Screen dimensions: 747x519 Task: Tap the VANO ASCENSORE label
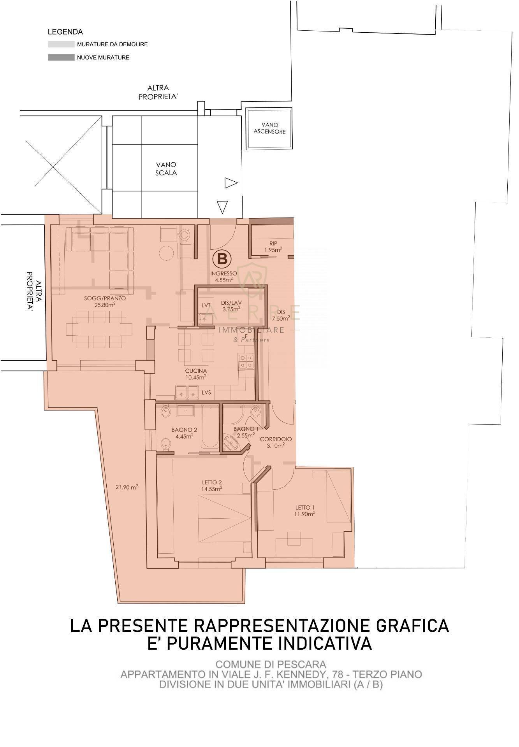tap(269, 128)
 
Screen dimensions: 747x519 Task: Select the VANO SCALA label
tap(166, 169)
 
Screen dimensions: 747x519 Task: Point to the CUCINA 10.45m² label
tap(196, 374)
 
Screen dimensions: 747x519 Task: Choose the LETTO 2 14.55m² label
tap(212, 486)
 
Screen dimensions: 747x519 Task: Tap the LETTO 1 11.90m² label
tap(305, 510)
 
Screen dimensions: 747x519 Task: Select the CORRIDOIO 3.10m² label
tap(276, 442)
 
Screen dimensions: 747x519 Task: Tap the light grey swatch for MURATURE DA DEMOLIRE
tap(61, 44)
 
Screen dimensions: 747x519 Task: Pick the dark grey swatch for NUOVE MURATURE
tap(61, 58)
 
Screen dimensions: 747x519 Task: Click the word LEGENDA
tap(65, 32)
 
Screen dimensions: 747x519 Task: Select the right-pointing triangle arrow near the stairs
tap(230, 183)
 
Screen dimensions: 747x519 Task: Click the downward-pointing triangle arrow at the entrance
tap(222, 207)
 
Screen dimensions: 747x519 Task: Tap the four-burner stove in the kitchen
tap(246, 361)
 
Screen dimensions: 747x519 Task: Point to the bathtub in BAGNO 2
tap(210, 426)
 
